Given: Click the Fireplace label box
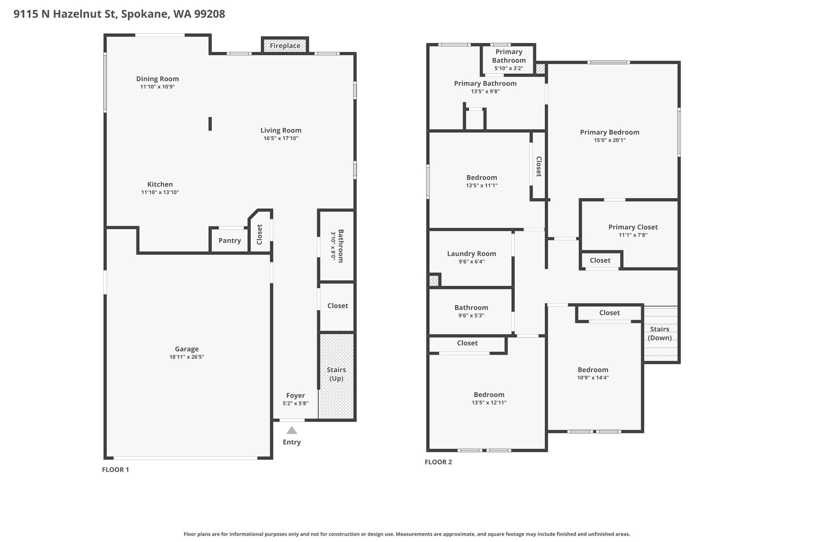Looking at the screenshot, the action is tap(285, 45).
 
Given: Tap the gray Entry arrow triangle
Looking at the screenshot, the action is tap(292, 430).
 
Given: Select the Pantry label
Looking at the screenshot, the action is tap(230, 241).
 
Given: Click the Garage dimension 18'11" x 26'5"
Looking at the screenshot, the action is tap(187, 357).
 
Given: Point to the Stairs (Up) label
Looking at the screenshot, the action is tap(336, 374).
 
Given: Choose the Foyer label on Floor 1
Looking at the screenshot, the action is tap(296, 395).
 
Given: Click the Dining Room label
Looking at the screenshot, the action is tap(158, 79).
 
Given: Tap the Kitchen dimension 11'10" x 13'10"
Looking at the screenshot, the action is tap(160, 193).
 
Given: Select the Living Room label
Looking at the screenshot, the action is tap(281, 130).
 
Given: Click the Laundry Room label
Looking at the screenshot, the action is tap(472, 254).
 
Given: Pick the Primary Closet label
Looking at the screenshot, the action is tap(633, 227).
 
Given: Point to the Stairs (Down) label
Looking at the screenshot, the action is tap(660, 334).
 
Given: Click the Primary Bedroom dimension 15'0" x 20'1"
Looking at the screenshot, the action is tap(610, 140).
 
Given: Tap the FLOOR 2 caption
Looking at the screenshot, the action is tap(438, 462).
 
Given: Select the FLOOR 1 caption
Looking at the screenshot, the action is tap(116, 470).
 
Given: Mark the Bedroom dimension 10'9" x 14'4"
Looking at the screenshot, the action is tap(593, 378).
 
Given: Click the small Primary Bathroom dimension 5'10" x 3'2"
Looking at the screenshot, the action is tap(509, 68).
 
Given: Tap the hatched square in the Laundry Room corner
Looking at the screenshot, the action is tap(434, 281).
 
